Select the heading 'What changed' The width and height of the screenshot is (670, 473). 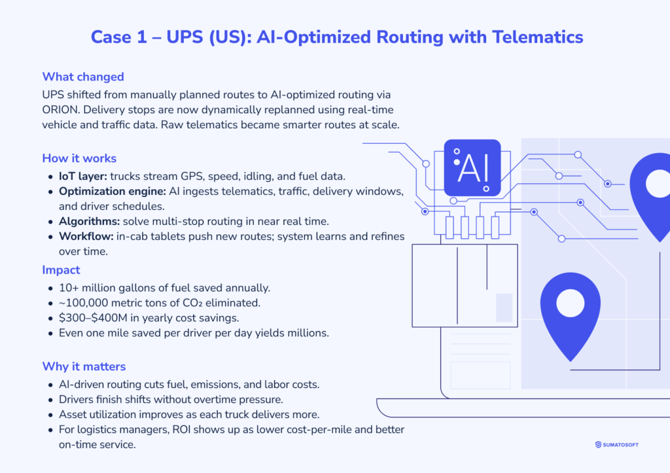pos(82,77)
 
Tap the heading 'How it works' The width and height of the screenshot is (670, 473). pos(79,158)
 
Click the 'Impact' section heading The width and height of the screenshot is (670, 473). pos(61,270)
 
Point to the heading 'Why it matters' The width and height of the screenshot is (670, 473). pos(84,366)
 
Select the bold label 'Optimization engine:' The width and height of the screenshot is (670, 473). pos(112,191)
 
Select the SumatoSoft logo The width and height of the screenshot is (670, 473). pos(617,444)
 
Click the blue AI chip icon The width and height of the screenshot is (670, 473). pos(472,168)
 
